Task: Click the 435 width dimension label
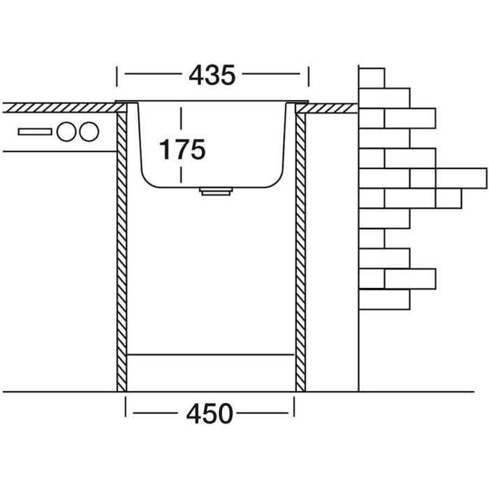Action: coord(212,74)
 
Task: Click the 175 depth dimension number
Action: coord(182,149)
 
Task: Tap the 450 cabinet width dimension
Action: coord(210,414)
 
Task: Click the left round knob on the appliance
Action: coord(67,131)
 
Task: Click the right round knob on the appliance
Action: coord(88,131)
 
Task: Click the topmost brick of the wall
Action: coord(372,77)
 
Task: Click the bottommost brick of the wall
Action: coord(384,300)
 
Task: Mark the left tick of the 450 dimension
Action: coord(126,405)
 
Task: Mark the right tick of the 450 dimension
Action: coord(295,405)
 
